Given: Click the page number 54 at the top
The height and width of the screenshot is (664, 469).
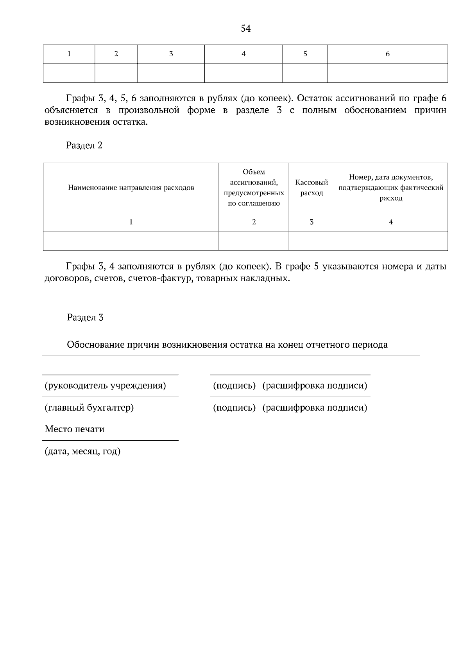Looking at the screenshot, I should pos(245,29).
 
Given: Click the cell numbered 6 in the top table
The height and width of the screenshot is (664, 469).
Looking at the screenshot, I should pos(387,54).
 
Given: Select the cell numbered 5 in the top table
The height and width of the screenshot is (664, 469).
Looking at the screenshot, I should pos(305,54).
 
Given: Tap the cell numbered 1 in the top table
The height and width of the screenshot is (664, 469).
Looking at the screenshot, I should pos(69,54).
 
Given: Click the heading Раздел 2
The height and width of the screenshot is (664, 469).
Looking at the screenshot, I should pos(84,145).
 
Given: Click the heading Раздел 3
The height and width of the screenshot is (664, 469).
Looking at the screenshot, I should pos(85,317).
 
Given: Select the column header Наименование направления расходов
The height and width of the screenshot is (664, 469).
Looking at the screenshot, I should pos(131,188).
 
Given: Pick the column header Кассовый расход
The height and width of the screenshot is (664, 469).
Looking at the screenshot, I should pos(311,188).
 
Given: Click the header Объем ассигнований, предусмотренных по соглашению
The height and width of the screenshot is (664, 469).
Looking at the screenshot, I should pos(254,188).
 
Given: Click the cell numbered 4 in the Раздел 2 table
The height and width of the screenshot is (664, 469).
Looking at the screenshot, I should pos(391,222).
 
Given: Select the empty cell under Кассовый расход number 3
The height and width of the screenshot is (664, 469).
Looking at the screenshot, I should pos(311,241).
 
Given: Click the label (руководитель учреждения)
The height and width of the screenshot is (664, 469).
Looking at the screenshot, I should pos(105,386).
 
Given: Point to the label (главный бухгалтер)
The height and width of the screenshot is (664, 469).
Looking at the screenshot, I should pos(89,408).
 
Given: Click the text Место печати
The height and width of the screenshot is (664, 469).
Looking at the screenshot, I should pos(75,429).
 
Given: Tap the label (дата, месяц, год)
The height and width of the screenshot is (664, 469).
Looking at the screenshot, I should pos(82,452).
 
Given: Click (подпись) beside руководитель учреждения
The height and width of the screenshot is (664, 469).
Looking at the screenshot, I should pos(234,386).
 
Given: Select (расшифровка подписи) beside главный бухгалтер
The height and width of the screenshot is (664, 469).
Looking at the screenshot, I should pos(315,408).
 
